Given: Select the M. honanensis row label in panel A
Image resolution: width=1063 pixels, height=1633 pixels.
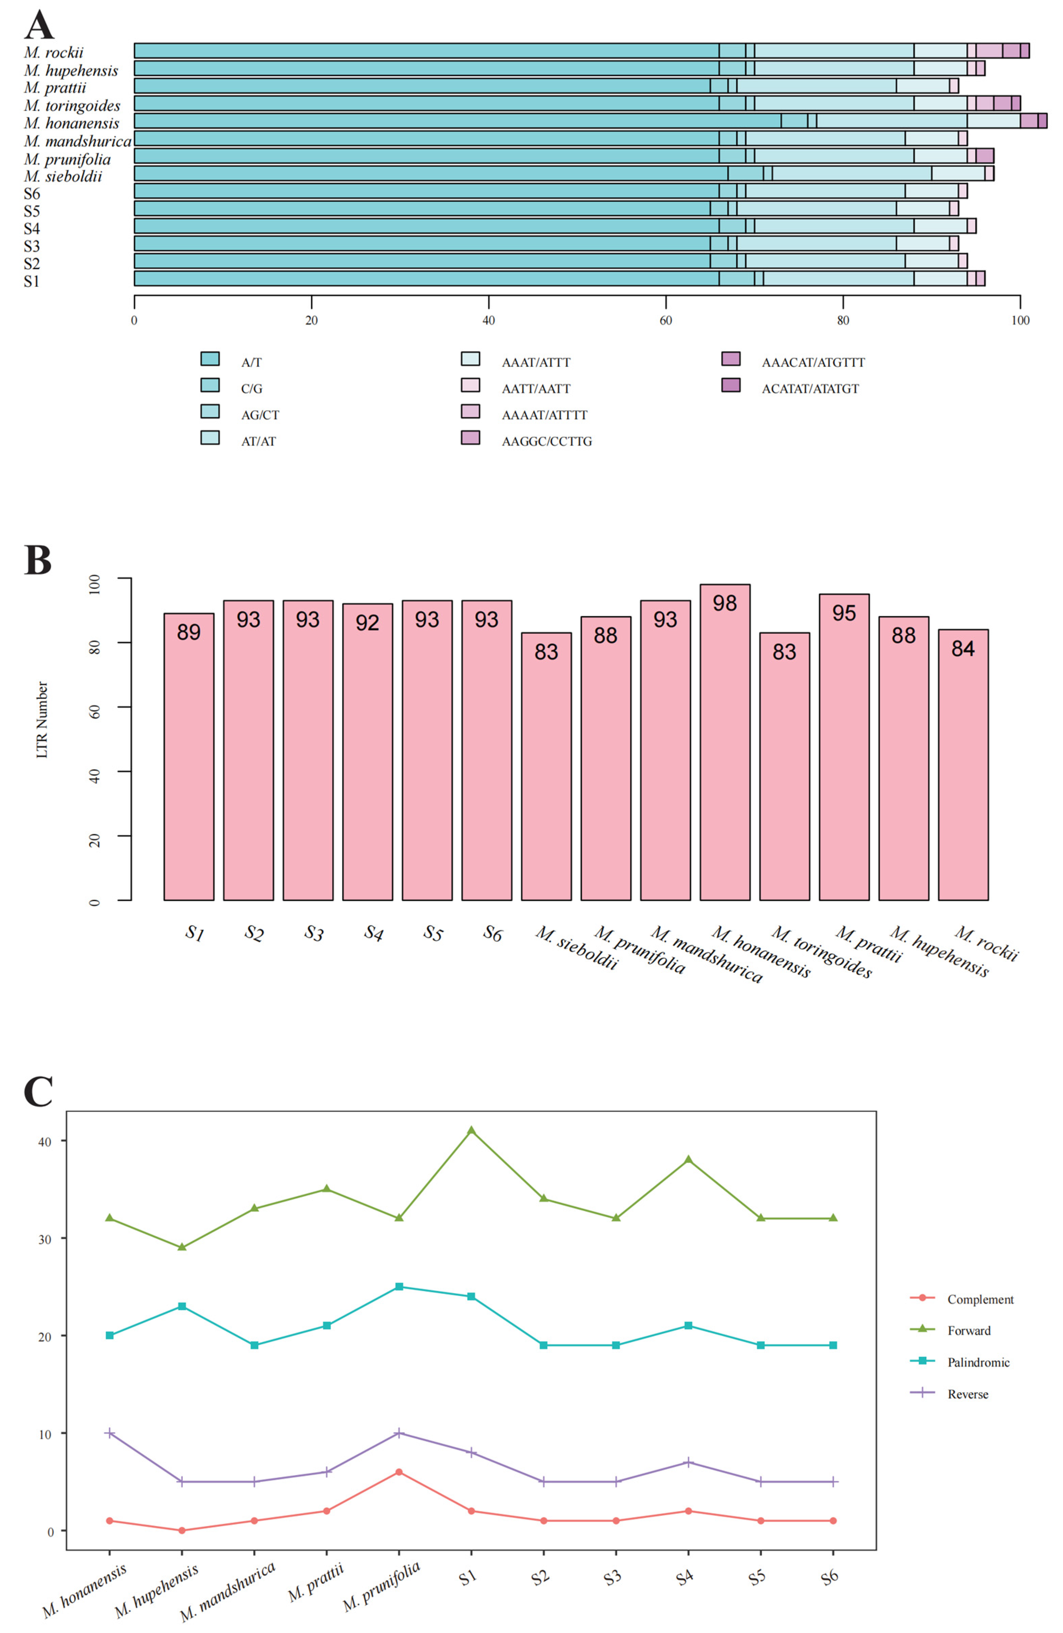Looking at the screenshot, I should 71,124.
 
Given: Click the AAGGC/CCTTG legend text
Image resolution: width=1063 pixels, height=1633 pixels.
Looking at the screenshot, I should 546,441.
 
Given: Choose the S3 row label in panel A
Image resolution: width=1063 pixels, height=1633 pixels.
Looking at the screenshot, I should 32,246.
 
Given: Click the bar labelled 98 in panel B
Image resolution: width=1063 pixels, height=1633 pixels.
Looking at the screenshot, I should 725,741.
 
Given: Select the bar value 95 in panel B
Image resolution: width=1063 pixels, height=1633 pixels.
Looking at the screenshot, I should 844,613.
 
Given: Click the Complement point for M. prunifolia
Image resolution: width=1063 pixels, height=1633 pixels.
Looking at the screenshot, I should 399,1472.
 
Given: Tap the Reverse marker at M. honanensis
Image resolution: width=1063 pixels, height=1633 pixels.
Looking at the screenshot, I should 110,1433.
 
